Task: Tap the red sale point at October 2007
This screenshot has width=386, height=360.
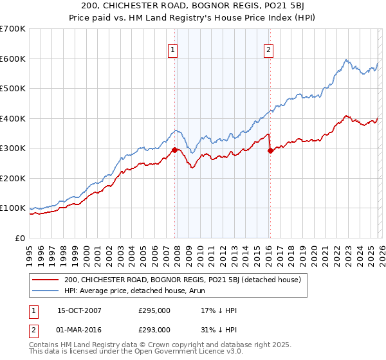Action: pos(174,150)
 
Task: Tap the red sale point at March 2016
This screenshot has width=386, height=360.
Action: pos(270,150)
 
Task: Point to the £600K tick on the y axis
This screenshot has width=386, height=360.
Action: pos(13,59)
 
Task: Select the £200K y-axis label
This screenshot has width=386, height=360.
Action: pos(13,178)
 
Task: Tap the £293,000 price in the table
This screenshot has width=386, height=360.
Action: pos(154,329)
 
